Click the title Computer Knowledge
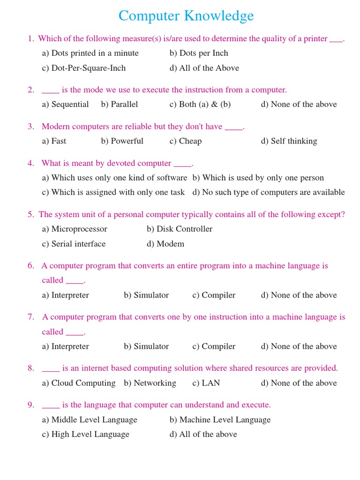tap(186, 16)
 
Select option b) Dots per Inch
tap(199, 53)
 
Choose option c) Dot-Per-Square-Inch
tap(84, 68)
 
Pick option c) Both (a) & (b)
tap(200, 104)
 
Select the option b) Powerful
tap(122, 141)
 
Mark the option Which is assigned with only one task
tap(113, 192)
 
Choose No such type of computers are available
tap(269, 192)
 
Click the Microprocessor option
tap(75, 229)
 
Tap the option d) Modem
tap(165, 244)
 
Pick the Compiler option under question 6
tap(214, 295)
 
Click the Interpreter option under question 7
tap(65, 346)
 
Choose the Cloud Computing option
tap(79, 383)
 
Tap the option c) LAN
tap(206, 383)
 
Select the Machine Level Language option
tap(220, 420)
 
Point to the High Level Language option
tap(85, 434)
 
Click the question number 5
tap(30, 215)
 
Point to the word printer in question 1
tap(315, 39)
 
